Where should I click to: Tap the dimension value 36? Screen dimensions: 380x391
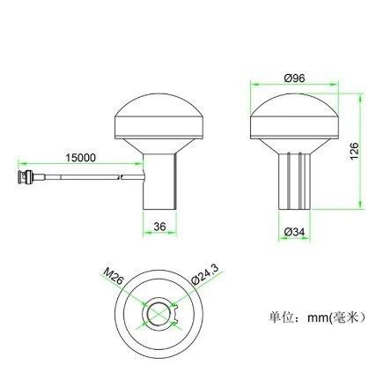159,226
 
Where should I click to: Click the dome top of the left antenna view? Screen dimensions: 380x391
159,112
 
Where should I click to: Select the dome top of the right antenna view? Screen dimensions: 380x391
293,112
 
